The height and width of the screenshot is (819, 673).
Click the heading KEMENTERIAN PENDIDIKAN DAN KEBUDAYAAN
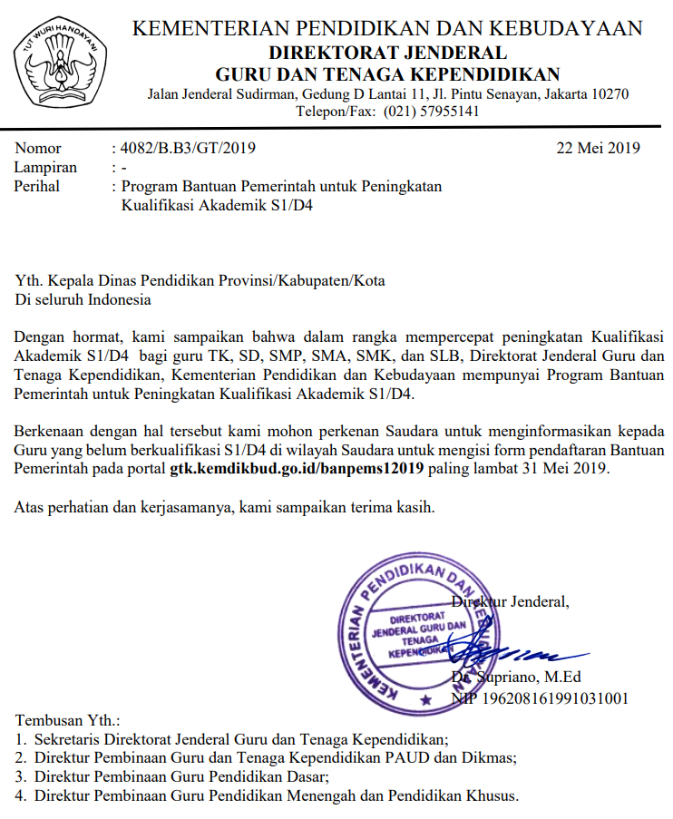coord(387,29)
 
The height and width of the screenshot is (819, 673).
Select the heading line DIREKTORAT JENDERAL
coord(387,52)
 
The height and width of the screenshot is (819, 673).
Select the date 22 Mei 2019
coord(599,148)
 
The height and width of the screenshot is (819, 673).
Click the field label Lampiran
coord(45,167)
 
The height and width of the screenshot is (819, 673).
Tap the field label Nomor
coord(38,148)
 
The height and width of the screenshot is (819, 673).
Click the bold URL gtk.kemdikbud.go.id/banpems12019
coord(298,469)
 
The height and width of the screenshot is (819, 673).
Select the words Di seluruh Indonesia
coord(83,299)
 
